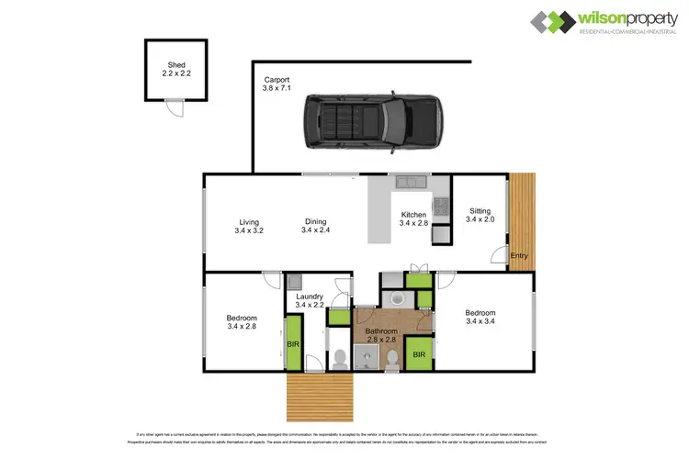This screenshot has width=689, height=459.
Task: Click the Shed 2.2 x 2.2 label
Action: [x=176, y=69]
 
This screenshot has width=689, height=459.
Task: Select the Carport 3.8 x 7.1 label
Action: [x=277, y=84]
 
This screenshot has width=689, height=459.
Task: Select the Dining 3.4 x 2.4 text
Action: [x=314, y=226]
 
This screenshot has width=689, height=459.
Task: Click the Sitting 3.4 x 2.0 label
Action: [x=480, y=215]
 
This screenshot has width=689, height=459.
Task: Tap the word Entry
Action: [x=519, y=255]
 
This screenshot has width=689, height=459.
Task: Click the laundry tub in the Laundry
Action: [x=295, y=282]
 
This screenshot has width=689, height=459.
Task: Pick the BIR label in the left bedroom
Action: [x=294, y=344]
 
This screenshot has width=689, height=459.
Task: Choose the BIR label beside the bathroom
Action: [x=418, y=354]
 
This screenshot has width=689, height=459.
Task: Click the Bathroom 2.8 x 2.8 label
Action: [x=380, y=335]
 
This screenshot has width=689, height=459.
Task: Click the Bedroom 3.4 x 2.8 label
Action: [x=242, y=322]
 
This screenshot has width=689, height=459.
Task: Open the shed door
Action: [x=174, y=107]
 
